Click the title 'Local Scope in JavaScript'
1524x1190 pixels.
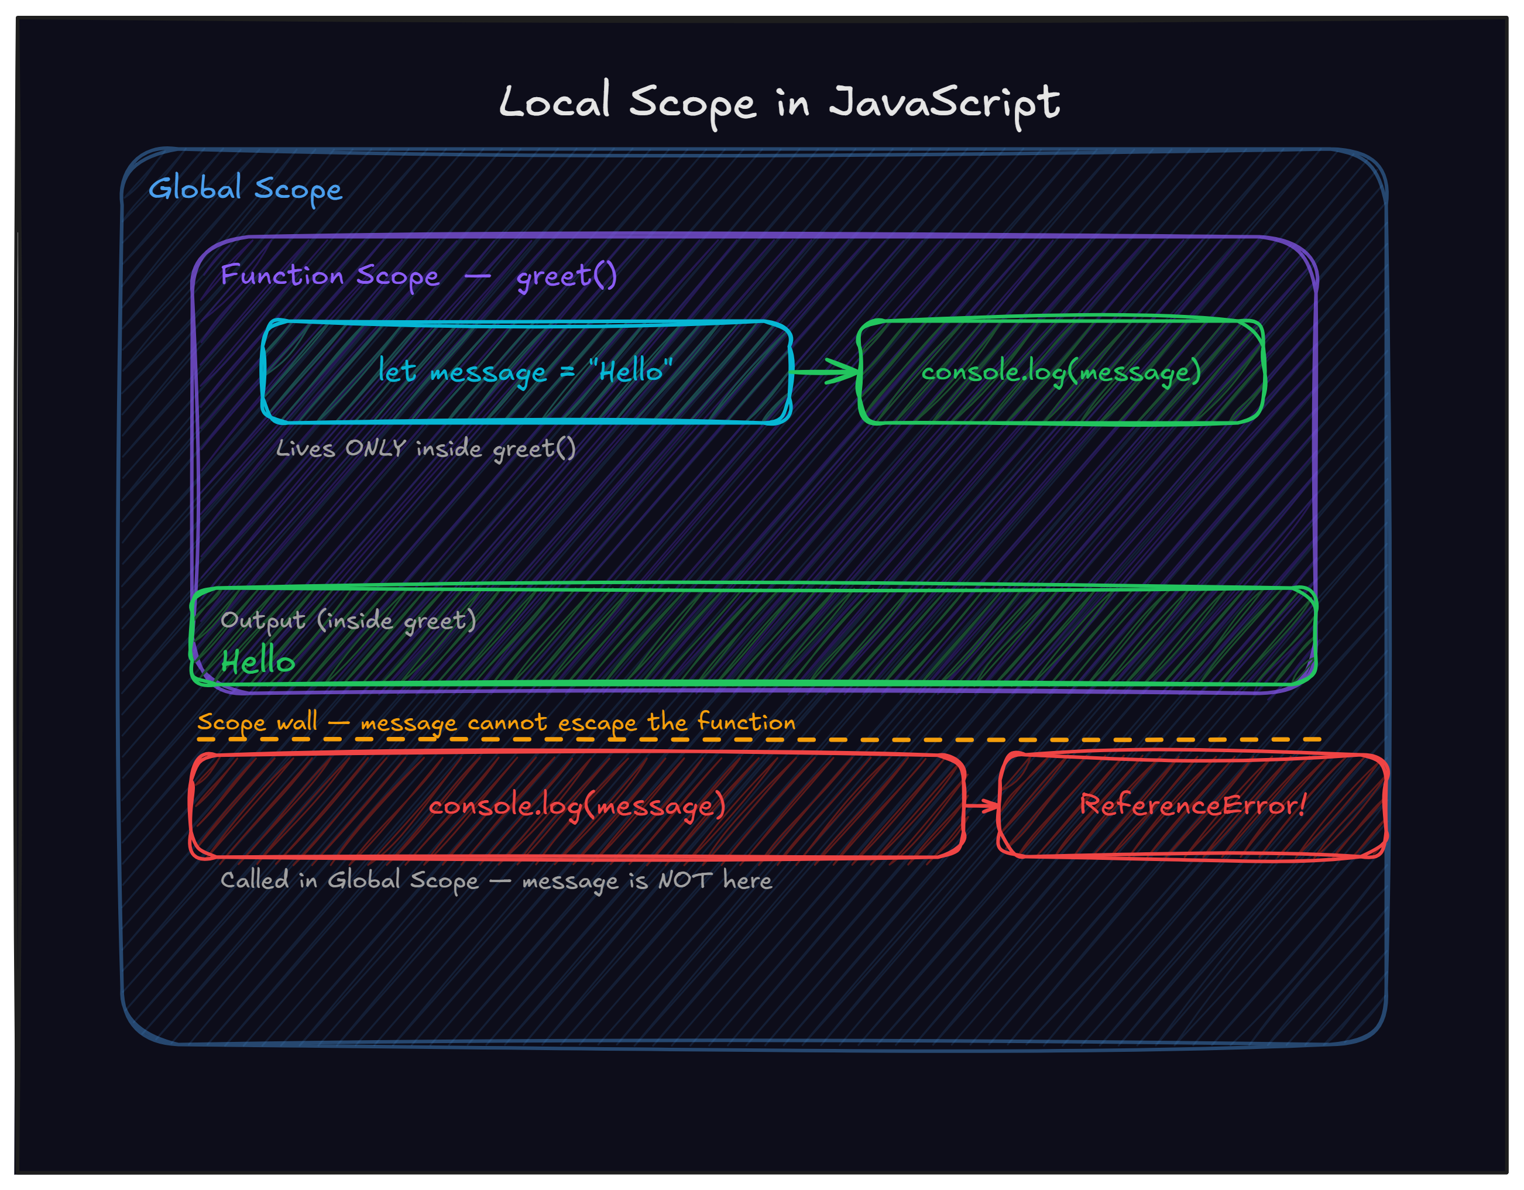click(x=779, y=103)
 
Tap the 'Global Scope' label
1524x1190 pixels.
click(x=246, y=188)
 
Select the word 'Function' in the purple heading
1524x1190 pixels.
click(x=282, y=275)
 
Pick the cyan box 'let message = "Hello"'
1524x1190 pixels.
click(x=526, y=372)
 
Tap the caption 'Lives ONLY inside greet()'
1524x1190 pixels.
click(x=425, y=449)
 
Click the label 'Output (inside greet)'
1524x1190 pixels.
click(x=348, y=620)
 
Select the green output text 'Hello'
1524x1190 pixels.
click(x=258, y=660)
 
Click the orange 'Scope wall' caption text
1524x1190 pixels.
click(x=496, y=722)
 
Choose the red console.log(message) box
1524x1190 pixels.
click(x=577, y=805)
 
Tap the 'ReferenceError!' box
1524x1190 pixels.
click(x=1193, y=805)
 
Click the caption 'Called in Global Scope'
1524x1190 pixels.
click(x=349, y=881)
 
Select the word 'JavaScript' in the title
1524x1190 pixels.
click(x=945, y=103)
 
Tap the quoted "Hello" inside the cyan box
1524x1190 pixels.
click(x=631, y=371)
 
